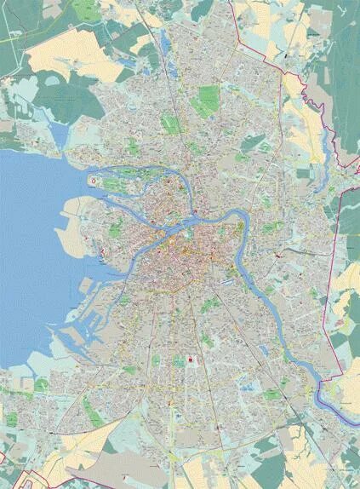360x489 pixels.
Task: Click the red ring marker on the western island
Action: pos(93,181)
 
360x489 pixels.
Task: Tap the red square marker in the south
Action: pos(191,361)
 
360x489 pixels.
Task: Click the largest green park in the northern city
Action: pos(204,102)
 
